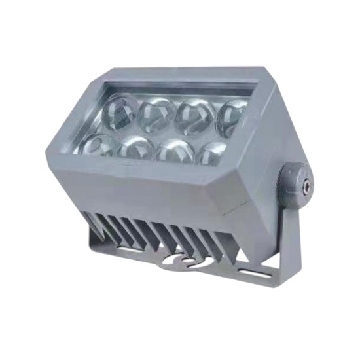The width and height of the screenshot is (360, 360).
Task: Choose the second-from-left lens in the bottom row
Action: [136, 149]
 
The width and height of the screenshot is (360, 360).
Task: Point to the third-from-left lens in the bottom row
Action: [173, 150]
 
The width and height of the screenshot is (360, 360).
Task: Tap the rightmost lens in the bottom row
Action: [209, 152]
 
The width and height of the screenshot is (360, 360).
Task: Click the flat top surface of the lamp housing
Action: [183, 73]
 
